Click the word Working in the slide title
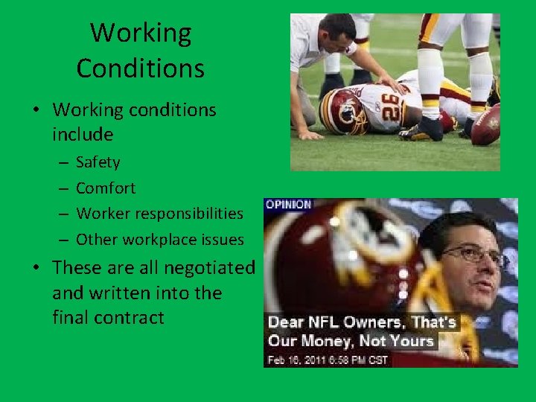click(x=141, y=33)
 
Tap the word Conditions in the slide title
click(x=141, y=68)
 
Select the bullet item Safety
click(x=98, y=162)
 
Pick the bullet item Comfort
click(x=106, y=188)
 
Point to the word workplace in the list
click(x=164, y=239)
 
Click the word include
click(x=83, y=135)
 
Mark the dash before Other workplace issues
click(x=63, y=239)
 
